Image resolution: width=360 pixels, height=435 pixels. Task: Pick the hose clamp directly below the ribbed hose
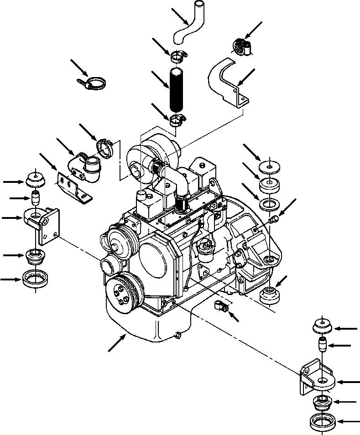[177, 121]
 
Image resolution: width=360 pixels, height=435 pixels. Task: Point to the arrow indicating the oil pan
[117, 342]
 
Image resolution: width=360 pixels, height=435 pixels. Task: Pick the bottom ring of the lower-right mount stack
[323, 422]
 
